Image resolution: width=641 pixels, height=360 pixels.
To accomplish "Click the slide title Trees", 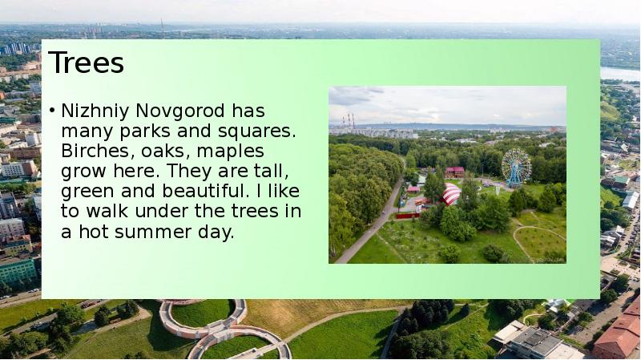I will coord(87,63).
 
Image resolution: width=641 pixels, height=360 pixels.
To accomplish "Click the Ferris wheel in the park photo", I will coord(516,167).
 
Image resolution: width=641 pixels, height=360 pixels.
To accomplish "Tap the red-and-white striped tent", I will coord(451,194).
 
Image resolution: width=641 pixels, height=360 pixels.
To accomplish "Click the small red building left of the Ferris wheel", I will coord(455,171).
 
